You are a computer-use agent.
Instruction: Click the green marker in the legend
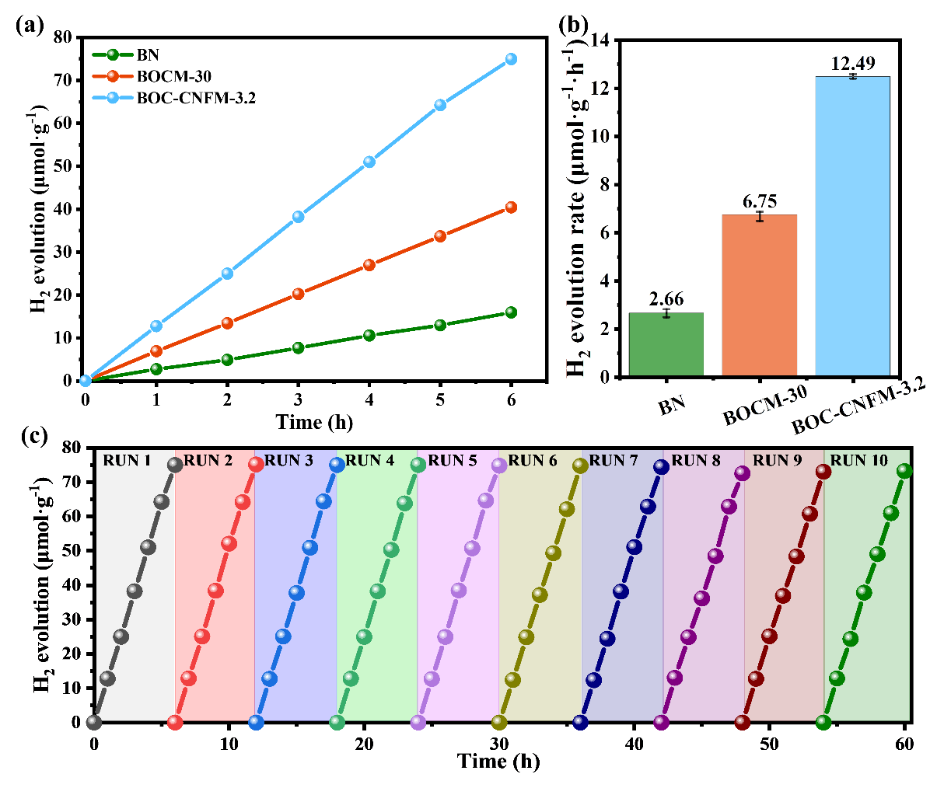[x=113, y=54]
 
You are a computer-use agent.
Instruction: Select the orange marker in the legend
[x=113, y=76]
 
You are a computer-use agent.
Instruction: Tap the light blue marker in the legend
[x=113, y=98]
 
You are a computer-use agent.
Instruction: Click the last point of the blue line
[x=511, y=59]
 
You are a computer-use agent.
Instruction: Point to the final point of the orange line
[x=511, y=207]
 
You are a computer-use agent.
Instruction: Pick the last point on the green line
[x=511, y=312]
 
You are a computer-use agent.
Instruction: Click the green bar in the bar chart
[x=666, y=344]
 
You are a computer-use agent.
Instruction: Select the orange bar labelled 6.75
[x=760, y=295]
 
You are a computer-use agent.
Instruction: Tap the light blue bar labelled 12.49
[x=853, y=226]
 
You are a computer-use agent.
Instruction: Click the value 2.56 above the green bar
[x=666, y=298]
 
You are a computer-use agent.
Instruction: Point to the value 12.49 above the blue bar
[x=853, y=63]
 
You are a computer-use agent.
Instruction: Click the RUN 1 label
[x=127, y=461]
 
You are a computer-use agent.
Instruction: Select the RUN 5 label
[x=452, y=461]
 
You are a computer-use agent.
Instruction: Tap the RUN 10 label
[x=858, y=461]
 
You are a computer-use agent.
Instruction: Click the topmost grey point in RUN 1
[x=175, y=465]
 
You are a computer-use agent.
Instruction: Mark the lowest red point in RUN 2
[x=176, y=723]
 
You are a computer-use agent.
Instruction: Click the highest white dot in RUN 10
[x=902, y=469]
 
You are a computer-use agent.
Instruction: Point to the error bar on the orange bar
[x=760, y=216]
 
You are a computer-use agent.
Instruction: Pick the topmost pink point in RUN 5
[x=499, y=465]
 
